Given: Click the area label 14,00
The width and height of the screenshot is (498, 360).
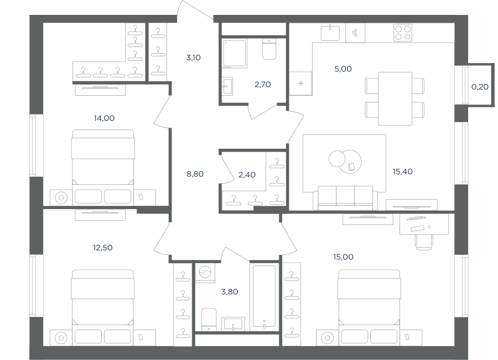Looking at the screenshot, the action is (x=104, y=118).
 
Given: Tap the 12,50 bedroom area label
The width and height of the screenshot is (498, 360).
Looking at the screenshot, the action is (x=102, y=248).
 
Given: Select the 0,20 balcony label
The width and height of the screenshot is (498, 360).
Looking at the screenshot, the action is (x=480, y=87).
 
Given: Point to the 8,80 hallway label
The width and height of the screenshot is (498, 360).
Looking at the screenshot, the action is (x=195, y=174).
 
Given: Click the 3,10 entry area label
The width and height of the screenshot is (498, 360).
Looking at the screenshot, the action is (x=194, y=58).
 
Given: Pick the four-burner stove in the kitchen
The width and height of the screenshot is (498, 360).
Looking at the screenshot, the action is (x=403, y=33).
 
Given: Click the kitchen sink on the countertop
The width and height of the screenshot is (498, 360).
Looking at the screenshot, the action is (x=330, y=33).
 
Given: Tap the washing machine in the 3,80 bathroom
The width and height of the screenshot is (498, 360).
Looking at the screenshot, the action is (x=205, y=272).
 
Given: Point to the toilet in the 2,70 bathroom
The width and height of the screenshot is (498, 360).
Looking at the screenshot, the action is (x=269, y=49).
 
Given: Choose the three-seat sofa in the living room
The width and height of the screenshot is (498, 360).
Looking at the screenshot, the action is (x=345, y=198).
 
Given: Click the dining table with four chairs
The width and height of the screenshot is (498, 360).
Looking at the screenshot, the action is (x=395, y=98).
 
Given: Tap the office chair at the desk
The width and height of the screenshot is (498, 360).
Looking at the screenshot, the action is (x=423, y=242).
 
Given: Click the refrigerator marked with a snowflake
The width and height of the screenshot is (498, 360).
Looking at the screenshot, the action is (x=300, y=84).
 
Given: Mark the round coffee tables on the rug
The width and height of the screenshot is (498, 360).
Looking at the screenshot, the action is (x=345, y=161).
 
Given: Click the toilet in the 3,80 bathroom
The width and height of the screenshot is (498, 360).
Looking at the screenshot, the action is (x=209, y=320).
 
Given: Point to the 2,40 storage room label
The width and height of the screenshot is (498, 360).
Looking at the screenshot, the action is (x=247, y=175).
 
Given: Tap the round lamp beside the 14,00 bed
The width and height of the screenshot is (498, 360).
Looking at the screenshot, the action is (x=61, y=198).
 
